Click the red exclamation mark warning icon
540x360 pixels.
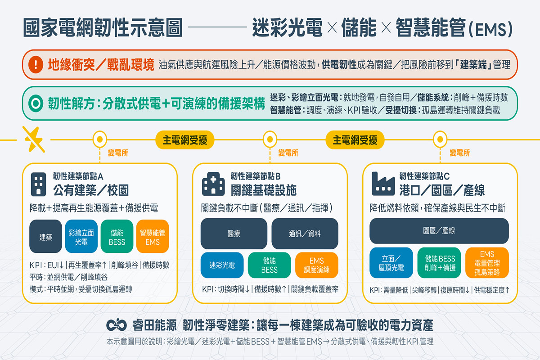click(35, 64)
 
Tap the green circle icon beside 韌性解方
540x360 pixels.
click(35, 103)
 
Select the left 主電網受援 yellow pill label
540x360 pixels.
click(185, 139)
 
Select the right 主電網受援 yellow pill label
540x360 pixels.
click(355, 139)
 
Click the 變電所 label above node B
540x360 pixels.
click(288, 153)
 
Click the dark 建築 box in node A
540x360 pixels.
click(45, 236)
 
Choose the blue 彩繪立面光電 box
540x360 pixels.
click(81, 236)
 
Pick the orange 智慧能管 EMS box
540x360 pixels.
click(153, 236)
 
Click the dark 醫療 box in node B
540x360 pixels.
click(234, 234)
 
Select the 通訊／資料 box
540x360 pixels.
click(305, 234)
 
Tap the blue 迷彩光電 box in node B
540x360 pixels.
click(222, 265)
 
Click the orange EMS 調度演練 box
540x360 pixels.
click(316, 265)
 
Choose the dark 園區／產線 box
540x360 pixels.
click(439, 231)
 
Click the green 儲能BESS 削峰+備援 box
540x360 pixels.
click(440, 263)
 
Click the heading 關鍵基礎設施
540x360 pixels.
click(263, 190)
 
